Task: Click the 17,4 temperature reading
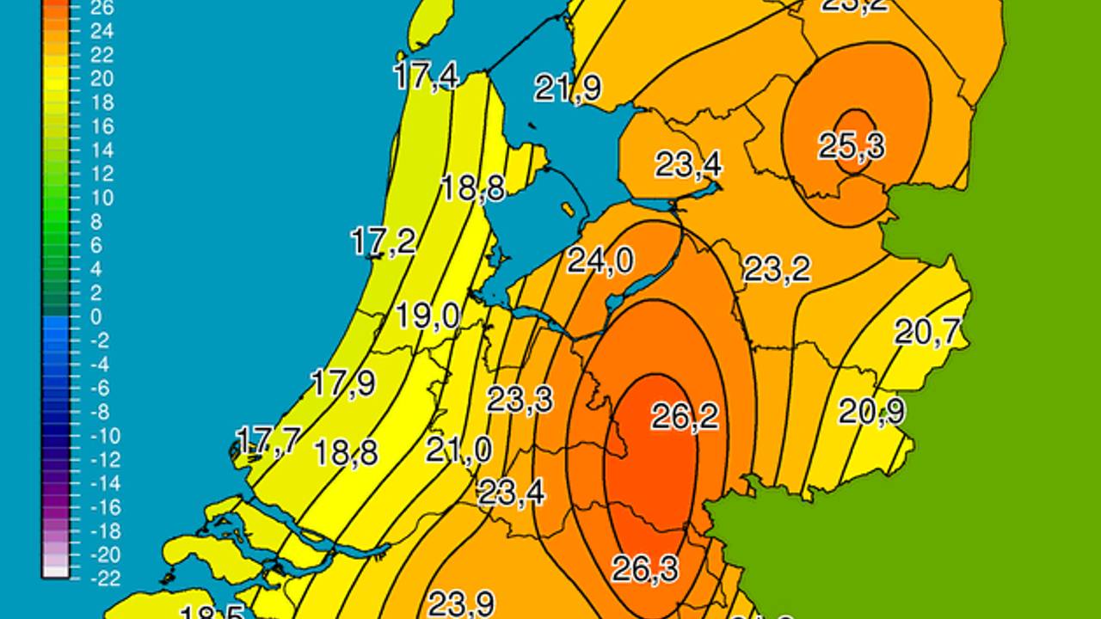pyautogui.click(x=426, y=76)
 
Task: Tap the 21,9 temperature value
pyautogui.click(x=568, y=88)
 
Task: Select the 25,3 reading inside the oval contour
pyautogui.click(x=852, y=146)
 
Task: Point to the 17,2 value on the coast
pyautogui.click(x=384, y=242)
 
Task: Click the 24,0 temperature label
pyautogui.click(x=600, y=260)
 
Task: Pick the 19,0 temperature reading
pyautogui.click(x=427, y=316)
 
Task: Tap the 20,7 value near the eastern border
pyautogui.click(x=927, y=331)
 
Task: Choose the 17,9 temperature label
pyautogui.click(x=342, y=383)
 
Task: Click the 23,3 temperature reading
pyautogui.click(x=520, y=399)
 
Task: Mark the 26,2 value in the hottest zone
pyautogui.click(x=685, y=417)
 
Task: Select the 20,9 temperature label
pyautogui.click(x=872, y=412)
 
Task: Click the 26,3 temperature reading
pyautogui.click(x=645, y=568)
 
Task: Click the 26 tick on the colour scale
pyautogui.click(x=101, y=9)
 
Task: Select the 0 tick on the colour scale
pyautogui.click(x=96, y=316)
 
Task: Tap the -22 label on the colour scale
pyautogui.click(x=105, y=578)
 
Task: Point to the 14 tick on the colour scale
pyautogui.click(x=101, y=150)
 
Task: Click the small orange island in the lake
pyautogui.click(x=568, y=208)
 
